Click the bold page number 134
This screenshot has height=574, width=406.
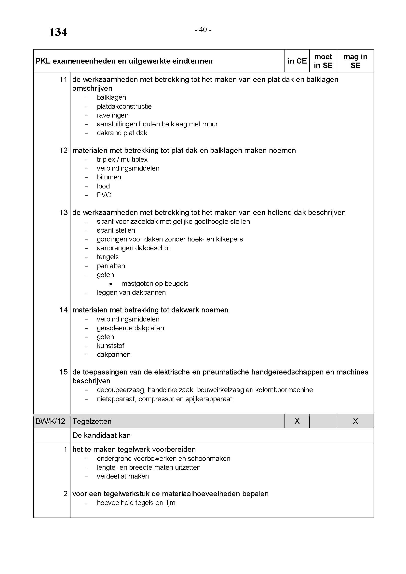tap(58, 32)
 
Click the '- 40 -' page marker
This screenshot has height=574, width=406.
tap(203, 30)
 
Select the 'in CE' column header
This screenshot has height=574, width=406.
tap(297, 61)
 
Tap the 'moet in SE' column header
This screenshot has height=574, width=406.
tap(323, 61)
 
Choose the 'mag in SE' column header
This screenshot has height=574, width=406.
tap(355, 61)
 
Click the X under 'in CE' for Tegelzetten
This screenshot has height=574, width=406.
tap(297, 421)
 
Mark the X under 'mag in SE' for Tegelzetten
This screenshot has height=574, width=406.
tap(355, 421)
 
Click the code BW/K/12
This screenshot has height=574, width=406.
tap(51, 421)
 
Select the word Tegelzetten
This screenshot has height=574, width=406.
tap(92, 421)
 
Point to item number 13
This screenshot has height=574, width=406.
tap(64, 213)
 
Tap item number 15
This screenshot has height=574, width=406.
tap(64, 372)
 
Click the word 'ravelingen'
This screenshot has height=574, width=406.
tap(112, 115)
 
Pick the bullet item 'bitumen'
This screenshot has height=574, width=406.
tap(109, 177)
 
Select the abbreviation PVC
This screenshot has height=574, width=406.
tap(104, 195)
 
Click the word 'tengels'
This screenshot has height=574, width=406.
tap(108, 257)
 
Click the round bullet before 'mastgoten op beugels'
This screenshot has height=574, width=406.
tap(111, 284)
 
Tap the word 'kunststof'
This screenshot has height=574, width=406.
tap(110, 346)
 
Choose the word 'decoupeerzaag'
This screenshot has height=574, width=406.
tap(121, 390)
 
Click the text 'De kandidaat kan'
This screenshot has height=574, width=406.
tap(102, 435)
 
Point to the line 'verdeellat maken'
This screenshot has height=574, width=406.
tap(123, 476)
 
